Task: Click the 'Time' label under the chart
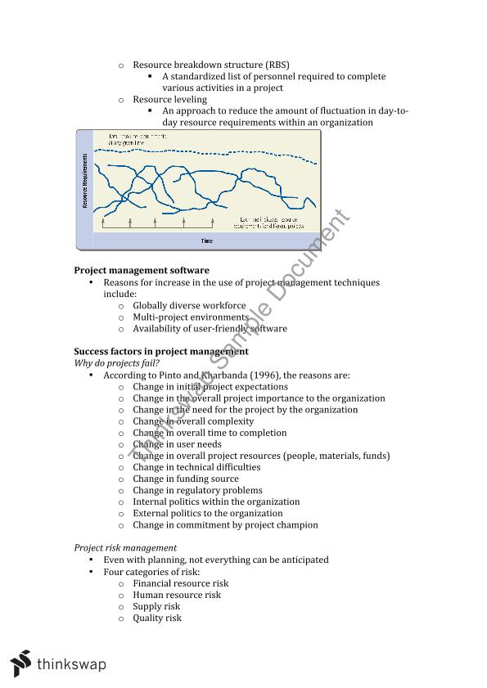click(206, 241)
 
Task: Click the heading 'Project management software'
click(142, 270)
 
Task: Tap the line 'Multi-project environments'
click(191, 317)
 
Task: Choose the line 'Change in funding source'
click(186, 479)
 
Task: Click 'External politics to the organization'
click(208, 514)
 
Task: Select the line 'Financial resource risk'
click(181, 583)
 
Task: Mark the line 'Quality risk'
click(157, 618)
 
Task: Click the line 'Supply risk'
click(156, 606)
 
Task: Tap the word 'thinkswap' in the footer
click(71, 664)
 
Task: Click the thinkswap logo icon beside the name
click(21, 663)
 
